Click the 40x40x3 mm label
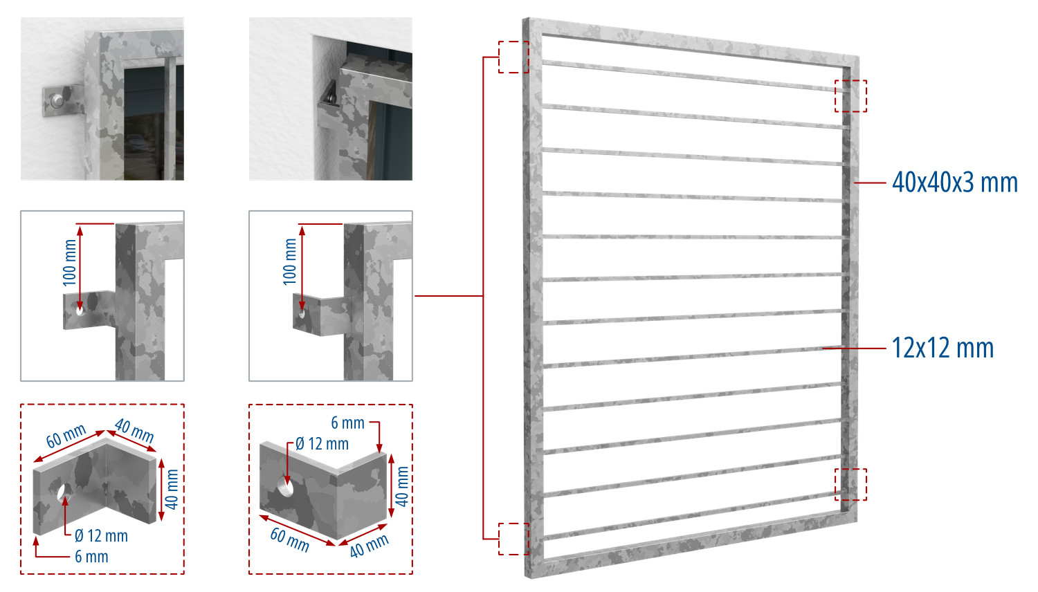[x=955, y=183]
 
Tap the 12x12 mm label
[x=943, y=349]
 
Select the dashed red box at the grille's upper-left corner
[x=513, y=57]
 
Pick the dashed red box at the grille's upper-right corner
[x=850, y=96]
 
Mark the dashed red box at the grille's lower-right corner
[x=850, y=485]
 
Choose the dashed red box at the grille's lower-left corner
[x=513, y=539]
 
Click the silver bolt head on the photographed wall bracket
[x=57, y=99]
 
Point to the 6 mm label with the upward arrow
[x=91, y=556]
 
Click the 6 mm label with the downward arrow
[x=347, y=423]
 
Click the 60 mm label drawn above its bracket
[x=66, y=436]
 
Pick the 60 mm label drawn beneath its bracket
[x=290, y=540]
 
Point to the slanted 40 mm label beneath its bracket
[x=369, y=546]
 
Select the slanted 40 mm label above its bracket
[x=134, y=431]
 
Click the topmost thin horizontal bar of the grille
[x=694, y=75]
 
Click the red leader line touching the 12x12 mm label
[x=854, y=349]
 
